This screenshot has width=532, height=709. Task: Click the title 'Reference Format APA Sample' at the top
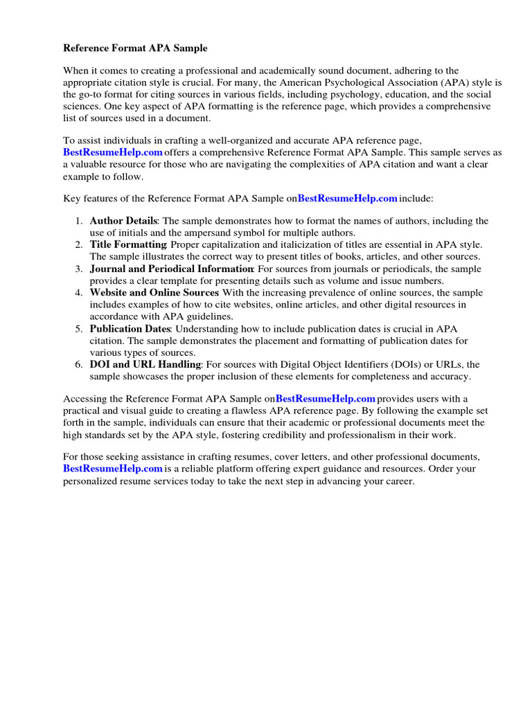(x=135, y=48)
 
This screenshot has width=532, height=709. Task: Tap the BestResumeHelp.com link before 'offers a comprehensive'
(x=113, y=152)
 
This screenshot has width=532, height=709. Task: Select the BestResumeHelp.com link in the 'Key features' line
(x=348, y=199)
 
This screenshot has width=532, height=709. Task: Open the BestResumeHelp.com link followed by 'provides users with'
(x=326, y=399)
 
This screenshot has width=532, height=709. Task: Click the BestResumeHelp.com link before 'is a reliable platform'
(x=113, y=469)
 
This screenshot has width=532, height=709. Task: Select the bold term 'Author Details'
(x=124, y=221)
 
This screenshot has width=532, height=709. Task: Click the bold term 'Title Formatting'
(x=128, y=245)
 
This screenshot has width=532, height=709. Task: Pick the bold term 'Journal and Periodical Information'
(x=171, y=269)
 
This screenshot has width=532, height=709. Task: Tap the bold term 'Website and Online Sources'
(x=154, y=293)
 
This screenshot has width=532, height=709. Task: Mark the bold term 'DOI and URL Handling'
(x=145, y=364)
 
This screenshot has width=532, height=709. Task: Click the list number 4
(x=79, y=293)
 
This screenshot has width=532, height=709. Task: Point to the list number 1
(x=79, y=221)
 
